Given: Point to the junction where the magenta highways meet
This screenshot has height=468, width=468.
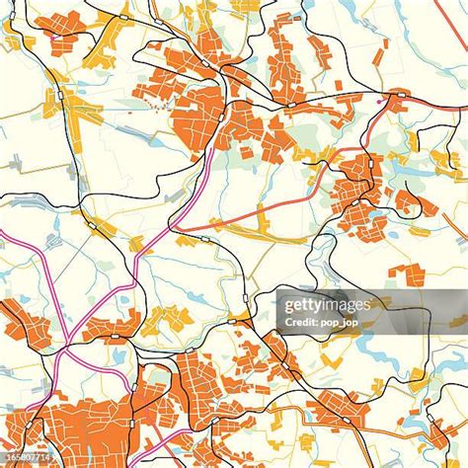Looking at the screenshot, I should pyautogui.click(x=59, y=351).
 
